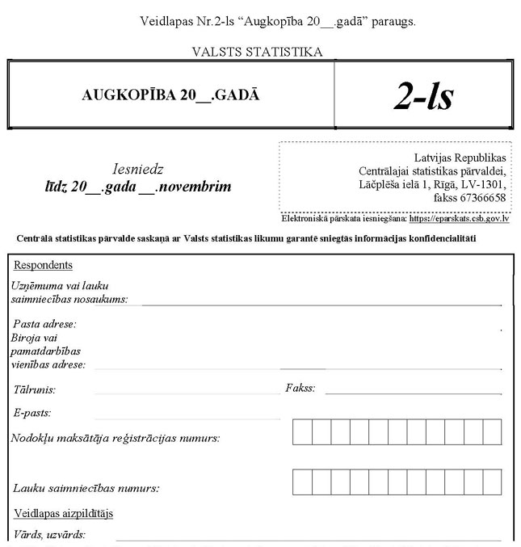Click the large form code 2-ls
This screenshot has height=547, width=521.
[423, 95]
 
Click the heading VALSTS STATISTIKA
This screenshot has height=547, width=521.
[257, 53]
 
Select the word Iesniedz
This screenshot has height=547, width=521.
[137, 170]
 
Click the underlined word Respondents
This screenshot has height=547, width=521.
[43, 265]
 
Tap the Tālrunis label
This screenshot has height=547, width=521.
[35, 389]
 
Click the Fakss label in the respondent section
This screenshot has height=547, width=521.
[300, 389]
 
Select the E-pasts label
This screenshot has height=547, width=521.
[32, 413]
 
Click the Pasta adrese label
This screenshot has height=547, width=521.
[44, 324]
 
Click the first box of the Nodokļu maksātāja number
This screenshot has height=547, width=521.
[302, 433]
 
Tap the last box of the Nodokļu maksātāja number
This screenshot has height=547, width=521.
[496, 433]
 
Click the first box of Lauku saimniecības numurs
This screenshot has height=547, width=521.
[302, 482]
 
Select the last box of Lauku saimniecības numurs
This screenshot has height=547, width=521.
[496, 482]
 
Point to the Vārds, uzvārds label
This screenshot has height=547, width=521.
[49, 534]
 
